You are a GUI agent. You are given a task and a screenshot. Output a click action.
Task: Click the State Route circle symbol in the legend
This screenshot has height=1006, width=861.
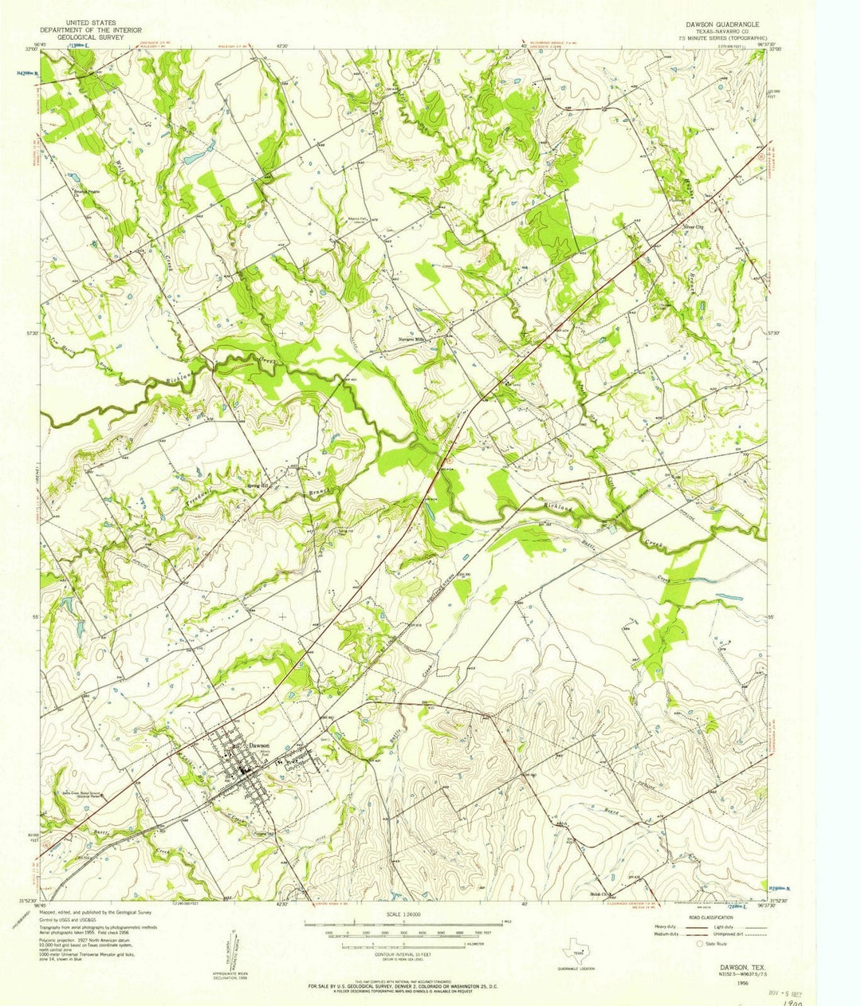point(700,943)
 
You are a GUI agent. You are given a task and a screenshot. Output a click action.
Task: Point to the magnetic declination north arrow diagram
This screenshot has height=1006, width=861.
point(237,949)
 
